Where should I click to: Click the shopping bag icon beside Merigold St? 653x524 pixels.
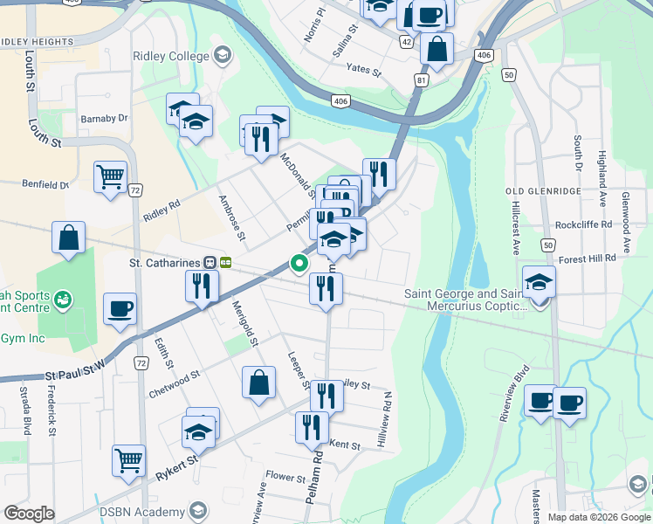point(259,382)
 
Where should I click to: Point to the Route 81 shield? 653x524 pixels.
point(423,80)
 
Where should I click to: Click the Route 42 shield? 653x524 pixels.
point(407,41)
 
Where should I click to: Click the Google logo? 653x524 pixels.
point(29,514)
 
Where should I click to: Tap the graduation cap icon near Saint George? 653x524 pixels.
point(540,281)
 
